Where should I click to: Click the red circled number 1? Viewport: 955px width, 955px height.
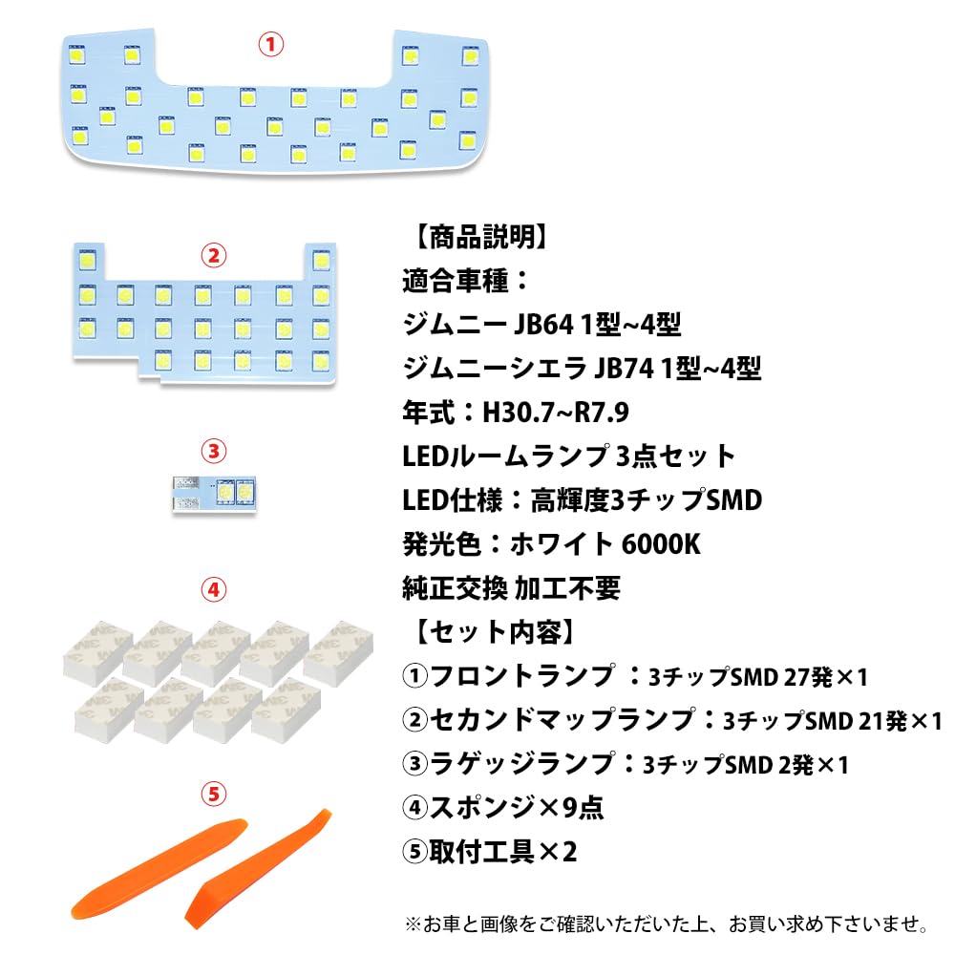[x=271, y=45]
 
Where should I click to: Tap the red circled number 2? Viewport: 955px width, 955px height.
[x=213, y=256]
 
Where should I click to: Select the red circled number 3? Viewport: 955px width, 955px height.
[x=213, y=452]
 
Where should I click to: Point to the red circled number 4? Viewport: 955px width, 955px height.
[x=213, y=589]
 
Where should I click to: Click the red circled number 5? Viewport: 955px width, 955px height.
[x=213, y=795]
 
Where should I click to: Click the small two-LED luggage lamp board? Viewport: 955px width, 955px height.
[x=214, y=494]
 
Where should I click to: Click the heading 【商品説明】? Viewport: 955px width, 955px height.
[x=481, y=237]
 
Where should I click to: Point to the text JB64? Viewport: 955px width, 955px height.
[x=544, y=325]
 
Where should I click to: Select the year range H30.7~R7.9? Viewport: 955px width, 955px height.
[x=556, y=413]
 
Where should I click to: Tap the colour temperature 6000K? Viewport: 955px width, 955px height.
[x=661, y=544]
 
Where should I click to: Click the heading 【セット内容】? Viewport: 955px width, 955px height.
[x=495, y=631]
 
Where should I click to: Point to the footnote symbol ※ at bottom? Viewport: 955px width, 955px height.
[x=413, y=924]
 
